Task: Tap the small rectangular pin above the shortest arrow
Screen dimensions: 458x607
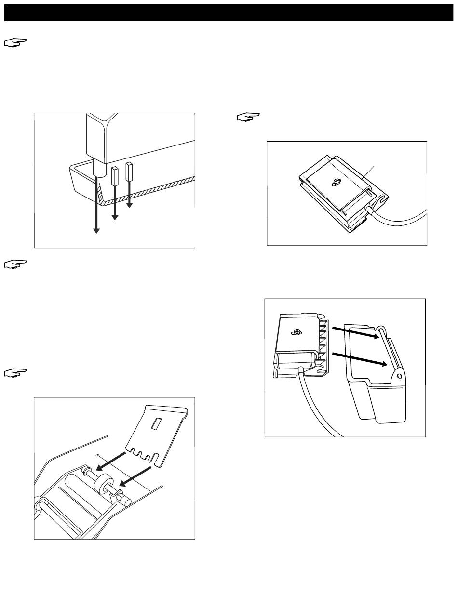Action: pos(129,172)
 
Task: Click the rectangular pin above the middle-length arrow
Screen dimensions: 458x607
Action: pos(115,177)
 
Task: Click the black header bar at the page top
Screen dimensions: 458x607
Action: pos(229,13)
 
